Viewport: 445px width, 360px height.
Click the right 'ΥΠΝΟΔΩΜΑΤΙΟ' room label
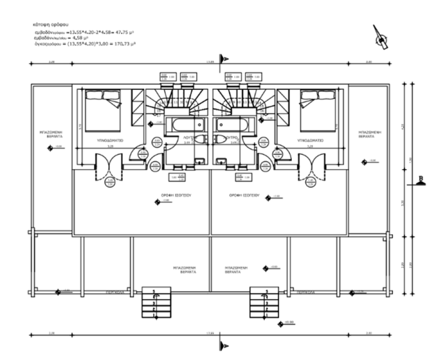(310, 141)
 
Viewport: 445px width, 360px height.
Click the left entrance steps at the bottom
(154, 304)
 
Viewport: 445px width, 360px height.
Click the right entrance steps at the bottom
(262, 304)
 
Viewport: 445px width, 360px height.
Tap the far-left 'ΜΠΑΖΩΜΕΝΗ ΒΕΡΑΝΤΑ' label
(50, 133)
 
